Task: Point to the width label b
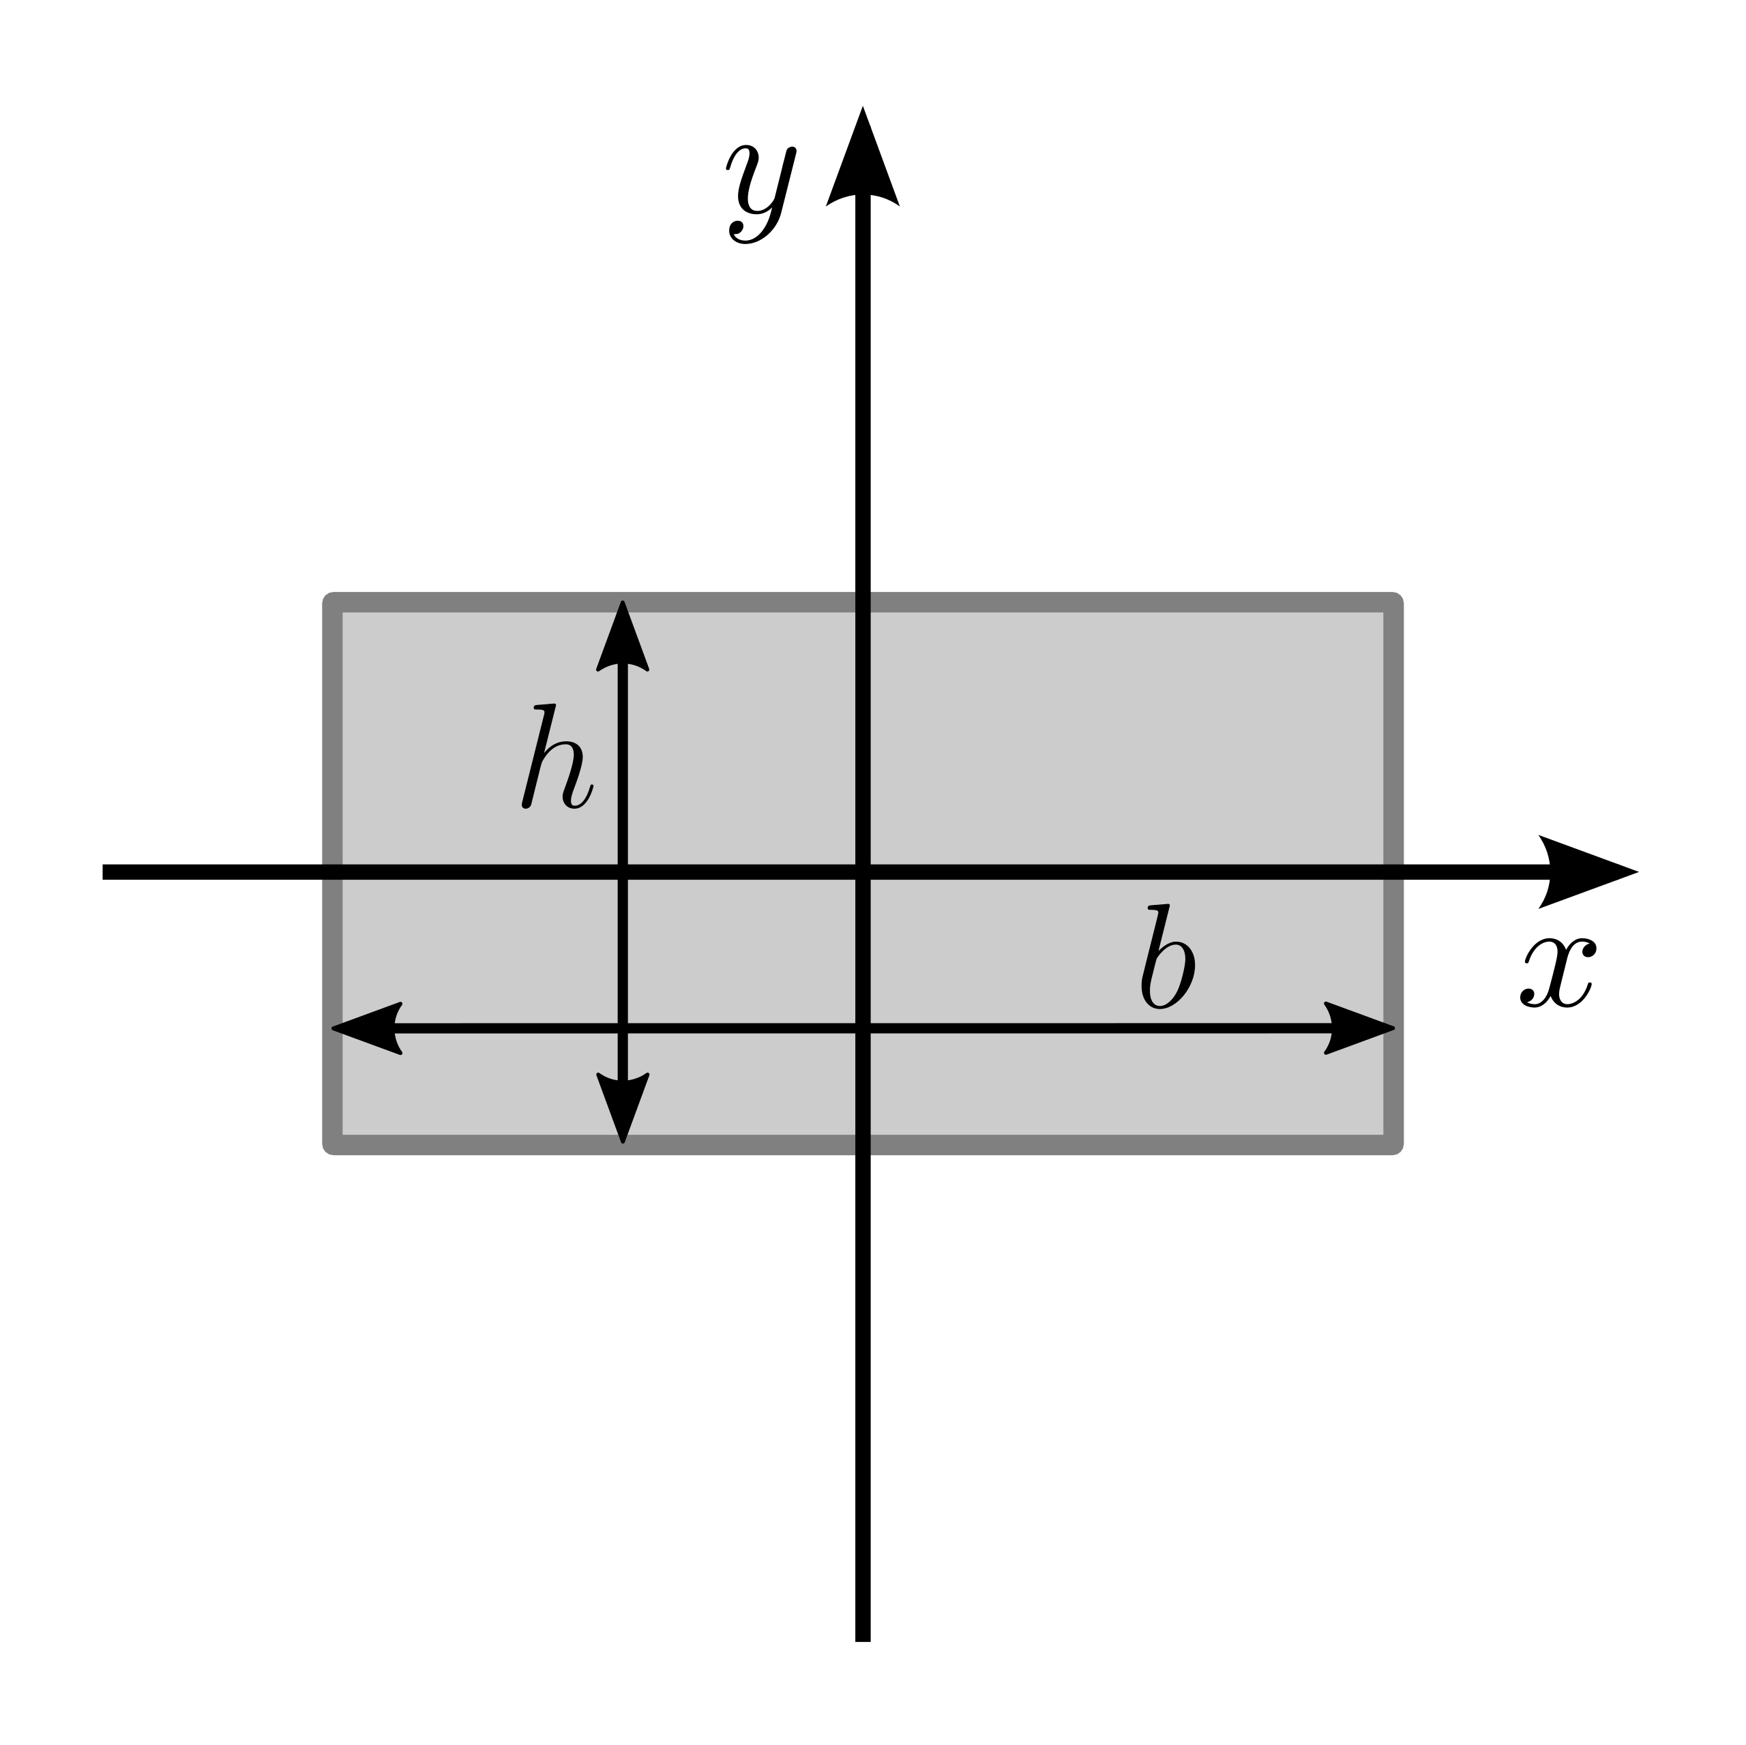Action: coord(1168,957)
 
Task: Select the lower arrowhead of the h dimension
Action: coord(623,1108)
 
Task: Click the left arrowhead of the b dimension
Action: coord(367,1028)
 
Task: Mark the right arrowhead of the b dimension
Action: coord(1359,1028)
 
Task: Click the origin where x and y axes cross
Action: coord(863,872)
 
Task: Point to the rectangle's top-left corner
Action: coord(334,603)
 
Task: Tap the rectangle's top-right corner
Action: coord(1393,603)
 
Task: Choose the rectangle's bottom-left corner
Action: coord(334,1144)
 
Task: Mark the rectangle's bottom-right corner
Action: coord(1393,1144)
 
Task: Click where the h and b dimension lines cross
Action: coord(623,1028)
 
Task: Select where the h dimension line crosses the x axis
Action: coord(623,872)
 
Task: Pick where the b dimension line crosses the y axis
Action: coord(863,1028)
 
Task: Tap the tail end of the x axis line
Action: coord(104,872)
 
